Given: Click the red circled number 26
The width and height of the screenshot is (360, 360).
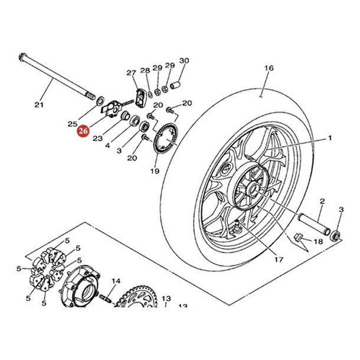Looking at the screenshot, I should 84,132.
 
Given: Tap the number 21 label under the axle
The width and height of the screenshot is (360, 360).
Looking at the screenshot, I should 39,105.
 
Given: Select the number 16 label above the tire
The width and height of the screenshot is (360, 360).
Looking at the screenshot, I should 269,68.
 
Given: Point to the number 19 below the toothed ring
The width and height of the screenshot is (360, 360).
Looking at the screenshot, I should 155,171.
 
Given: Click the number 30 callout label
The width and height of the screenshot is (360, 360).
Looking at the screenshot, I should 184,61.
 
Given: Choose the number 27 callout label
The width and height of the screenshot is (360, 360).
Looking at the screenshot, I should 131,73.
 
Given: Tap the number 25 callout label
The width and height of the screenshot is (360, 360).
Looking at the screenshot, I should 72,124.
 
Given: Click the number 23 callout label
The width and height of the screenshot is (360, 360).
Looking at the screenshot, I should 97,139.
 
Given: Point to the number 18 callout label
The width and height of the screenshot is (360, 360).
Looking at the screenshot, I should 318,242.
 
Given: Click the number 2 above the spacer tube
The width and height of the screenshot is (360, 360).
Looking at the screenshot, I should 322,202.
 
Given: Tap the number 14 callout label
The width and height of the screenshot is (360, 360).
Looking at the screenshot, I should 116,281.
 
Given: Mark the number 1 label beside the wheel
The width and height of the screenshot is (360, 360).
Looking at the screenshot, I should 330,138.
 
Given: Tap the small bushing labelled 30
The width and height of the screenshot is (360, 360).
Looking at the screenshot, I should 175,87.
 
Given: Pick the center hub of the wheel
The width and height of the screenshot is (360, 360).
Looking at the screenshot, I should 252,191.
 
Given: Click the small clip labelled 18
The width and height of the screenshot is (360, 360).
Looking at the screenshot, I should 298,238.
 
